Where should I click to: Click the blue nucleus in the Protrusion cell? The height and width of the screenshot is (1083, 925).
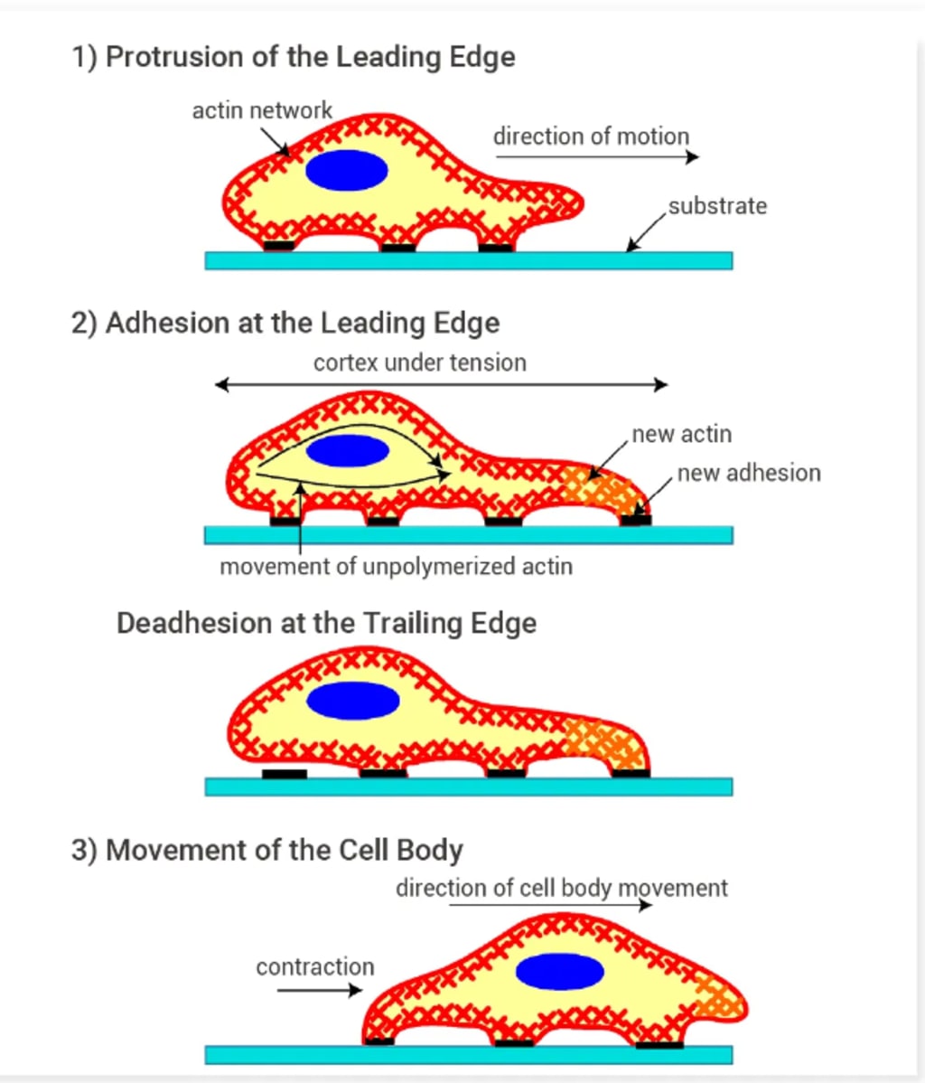click(347, 170)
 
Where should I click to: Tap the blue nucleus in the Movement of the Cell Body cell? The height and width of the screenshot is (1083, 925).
click(560, 971)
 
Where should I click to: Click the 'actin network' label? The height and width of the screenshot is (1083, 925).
click(262, 111)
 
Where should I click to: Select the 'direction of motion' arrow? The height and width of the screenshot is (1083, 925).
click(596, 157)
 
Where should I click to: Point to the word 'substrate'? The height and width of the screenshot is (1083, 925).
click(717, 206)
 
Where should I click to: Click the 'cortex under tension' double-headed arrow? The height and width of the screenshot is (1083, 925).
click(441, 385)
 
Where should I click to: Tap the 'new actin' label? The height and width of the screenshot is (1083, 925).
click(681, 435)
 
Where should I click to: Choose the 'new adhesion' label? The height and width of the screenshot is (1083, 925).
click(749, 473)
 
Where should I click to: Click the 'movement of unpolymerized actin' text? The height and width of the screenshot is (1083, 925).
click(396, 567)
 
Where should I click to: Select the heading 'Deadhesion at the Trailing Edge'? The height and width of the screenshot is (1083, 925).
click(326, 624)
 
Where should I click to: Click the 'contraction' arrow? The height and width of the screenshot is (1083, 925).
click(319, 991)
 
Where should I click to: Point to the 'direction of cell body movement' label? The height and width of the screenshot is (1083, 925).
click(561, 888)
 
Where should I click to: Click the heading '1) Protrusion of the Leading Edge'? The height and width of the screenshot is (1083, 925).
click(293, 57)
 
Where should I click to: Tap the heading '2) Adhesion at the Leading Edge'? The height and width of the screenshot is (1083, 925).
click(285, 324)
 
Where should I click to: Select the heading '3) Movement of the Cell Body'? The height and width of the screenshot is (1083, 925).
click(266, 851)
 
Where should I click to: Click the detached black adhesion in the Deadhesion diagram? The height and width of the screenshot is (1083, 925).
click(284, 774)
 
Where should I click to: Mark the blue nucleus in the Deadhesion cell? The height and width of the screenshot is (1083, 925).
click(353, 701)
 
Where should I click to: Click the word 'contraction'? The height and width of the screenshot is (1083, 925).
click(314, 967)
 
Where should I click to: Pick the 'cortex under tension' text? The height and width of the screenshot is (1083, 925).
click(419, 363)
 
